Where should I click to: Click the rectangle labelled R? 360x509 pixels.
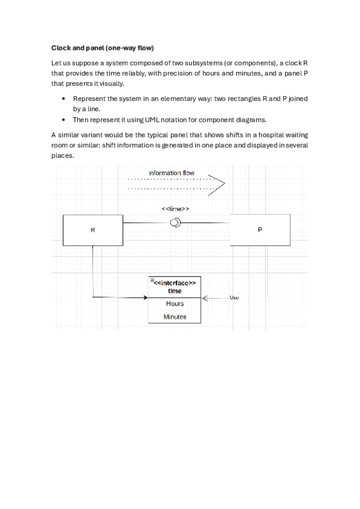(92, 230)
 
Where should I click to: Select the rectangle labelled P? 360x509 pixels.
(260, 230)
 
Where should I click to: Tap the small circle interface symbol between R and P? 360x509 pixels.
(175, 223)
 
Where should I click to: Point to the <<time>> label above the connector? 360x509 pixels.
(176, 208)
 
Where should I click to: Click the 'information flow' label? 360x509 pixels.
(172, 173)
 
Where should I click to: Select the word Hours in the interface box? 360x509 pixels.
(175, 304)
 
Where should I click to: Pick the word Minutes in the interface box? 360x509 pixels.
(175, 317)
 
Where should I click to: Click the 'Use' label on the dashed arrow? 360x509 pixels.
(235, 298)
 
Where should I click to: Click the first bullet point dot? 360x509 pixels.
(64, 98)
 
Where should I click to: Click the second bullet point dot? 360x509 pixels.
(64, 119)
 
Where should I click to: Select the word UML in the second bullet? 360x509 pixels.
(153, 119)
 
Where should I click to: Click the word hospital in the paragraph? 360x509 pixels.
(252, 135)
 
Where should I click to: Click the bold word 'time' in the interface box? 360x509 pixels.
(175, 291)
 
